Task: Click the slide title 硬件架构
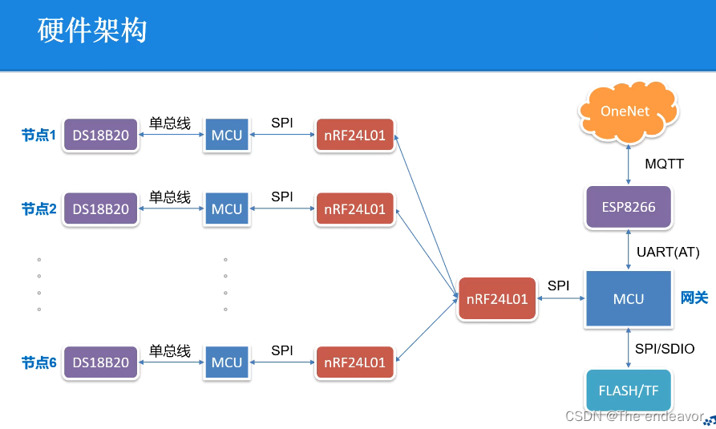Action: [91, 31]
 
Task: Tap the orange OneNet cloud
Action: [625, 111]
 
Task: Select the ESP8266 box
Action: [628, 207]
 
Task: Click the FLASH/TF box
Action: [628, 391]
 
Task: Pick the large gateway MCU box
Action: [628, 298]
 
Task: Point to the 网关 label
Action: [694, 298]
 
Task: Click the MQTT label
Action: [664, 164]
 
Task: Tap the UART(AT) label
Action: [667, 252]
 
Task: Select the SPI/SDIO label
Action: [665, 348]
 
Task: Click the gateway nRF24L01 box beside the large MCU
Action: [497, 299]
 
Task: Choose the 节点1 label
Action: [38, 136]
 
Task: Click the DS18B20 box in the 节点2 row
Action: [101, 209]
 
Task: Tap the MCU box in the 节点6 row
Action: [226, 362]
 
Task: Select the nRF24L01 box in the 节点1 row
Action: [354, 135]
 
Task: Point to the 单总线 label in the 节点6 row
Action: [170, 350]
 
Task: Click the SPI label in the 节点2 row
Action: [281, 196]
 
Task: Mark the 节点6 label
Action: [38, 362]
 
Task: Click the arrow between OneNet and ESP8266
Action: [627, 164]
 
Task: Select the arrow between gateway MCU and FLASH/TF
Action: [627, 348]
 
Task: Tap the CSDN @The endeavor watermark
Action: [633, 416]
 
